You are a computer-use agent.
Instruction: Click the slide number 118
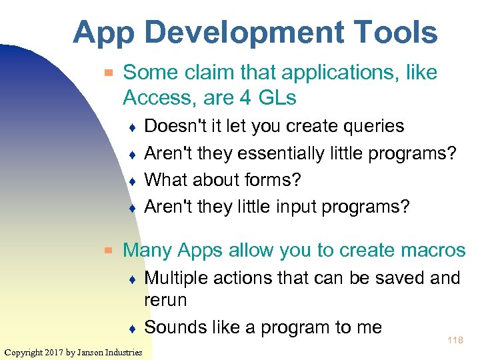click(x=455, y=341)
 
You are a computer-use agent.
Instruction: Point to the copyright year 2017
click(x=55, y=352)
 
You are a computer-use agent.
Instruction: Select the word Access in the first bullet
click(x=158, y=98)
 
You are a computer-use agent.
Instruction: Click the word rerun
click(x=165, y=300)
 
